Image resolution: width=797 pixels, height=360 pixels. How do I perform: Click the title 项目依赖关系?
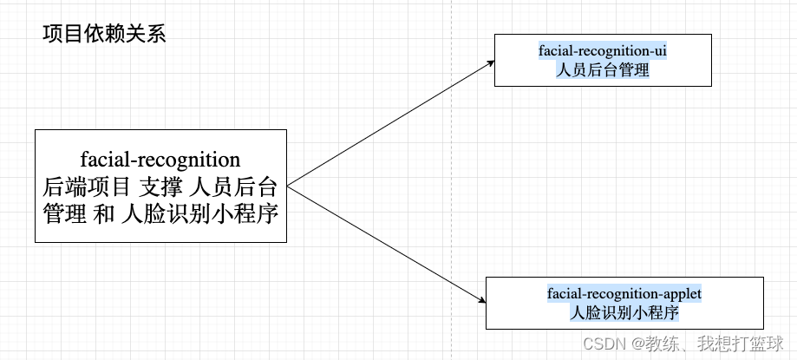click(103, 35)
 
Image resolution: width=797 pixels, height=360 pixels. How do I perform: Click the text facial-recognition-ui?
click(602, 51)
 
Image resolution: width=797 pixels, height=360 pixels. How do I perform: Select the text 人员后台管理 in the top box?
click(602, 70)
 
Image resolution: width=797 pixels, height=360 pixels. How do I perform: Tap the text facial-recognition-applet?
click(624, 294)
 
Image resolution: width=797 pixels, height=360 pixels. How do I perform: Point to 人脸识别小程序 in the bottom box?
click(624, 312)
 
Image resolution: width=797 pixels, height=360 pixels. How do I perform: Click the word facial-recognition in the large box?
click(160, 160)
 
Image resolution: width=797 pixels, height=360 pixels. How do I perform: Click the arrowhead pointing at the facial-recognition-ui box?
click(491, 62)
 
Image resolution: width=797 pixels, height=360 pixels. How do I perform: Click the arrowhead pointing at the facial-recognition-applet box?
click(482, 300)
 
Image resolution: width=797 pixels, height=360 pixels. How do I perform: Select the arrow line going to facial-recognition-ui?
click(390, 122)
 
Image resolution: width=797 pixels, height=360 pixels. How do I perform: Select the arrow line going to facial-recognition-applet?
click(386, 244)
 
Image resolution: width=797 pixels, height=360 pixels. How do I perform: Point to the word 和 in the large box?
click(105, 212)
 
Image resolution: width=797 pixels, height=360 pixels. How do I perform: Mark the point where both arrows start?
click(287, 186)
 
